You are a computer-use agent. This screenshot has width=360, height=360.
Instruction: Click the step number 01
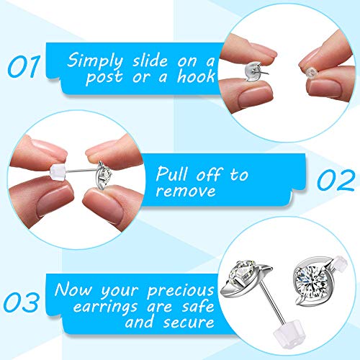(24, 66)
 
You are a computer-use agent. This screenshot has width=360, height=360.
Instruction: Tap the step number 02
(336, 180)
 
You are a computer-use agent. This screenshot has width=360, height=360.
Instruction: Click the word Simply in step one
(95, 60)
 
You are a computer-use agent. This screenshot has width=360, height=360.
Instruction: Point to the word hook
(196, 76)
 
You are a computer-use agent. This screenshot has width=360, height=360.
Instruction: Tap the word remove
(186, 192)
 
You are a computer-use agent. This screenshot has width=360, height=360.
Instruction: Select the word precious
(181, 291)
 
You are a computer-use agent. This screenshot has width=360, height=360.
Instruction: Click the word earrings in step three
(105, 307)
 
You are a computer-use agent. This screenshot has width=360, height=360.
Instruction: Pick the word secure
(189, 323)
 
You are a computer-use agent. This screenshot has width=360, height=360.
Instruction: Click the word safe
(198, 307)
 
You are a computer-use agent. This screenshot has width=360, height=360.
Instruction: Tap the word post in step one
(104, 77)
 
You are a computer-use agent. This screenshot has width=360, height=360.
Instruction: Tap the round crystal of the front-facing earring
(311, 280)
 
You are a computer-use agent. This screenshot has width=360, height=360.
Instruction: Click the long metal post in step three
(273, 303)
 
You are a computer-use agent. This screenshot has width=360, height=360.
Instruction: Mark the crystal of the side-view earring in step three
(242, 272)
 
